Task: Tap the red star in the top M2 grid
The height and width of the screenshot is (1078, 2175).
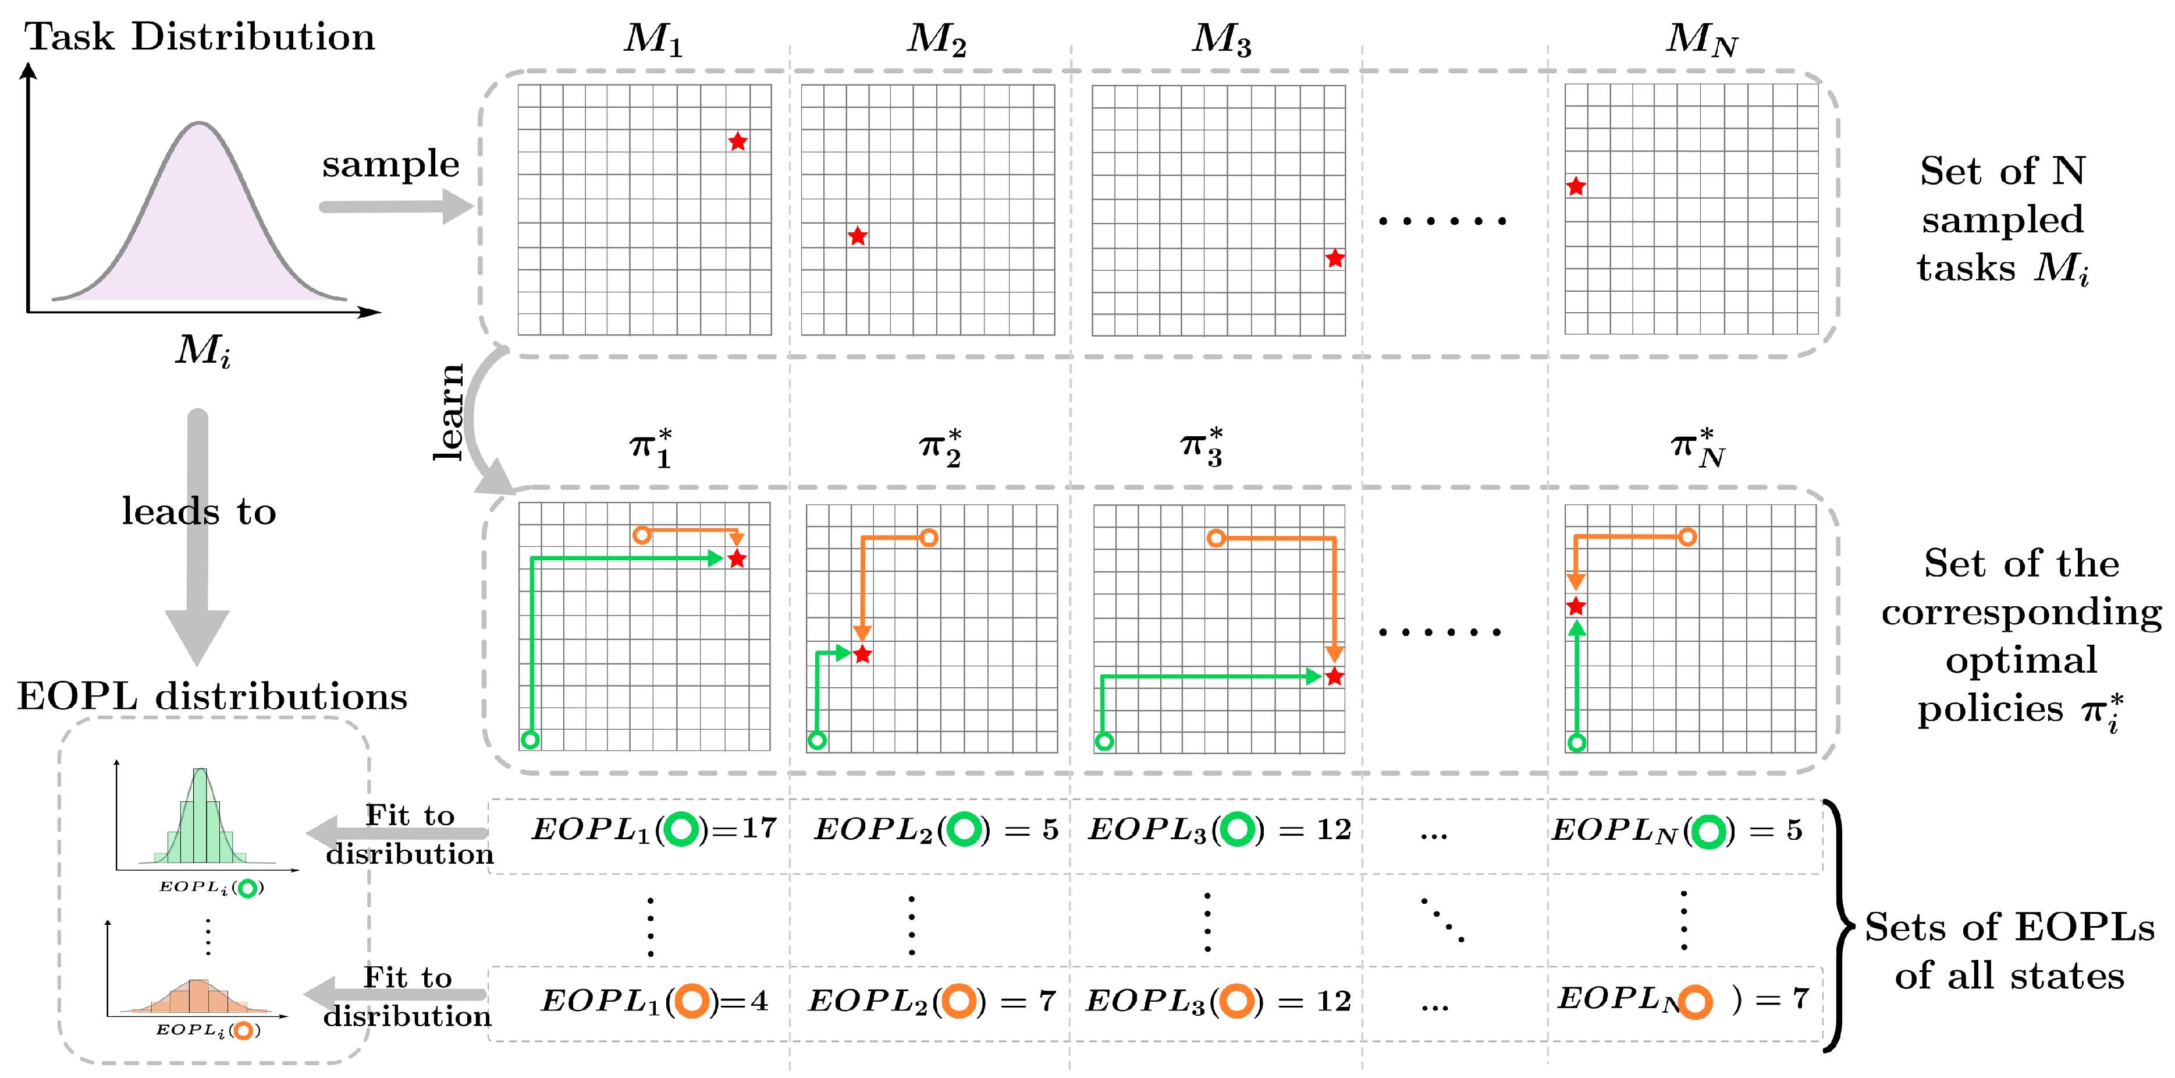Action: pyautogui.click(x=857, y=236)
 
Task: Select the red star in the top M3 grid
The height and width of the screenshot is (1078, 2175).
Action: pyautogui.click(x=1334, y=259)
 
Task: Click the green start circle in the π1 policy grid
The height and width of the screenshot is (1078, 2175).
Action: pyautogui.click(x=530, y=740)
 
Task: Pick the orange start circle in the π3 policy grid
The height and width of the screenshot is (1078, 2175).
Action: pyautogui.click(x=1216, y=538)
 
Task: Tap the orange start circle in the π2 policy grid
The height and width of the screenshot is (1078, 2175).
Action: pyautogui.click(x=929, y=538)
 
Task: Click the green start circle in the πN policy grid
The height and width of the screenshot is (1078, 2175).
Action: pyautogui.click(x=1576, y=743)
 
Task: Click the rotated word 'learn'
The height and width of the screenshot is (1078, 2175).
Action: pyautogui.click(x=449, y=412)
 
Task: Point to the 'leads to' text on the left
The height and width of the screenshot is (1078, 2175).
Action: pyautogui.click(x=198, y=512)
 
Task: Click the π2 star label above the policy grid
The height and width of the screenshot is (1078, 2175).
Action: pyautogui.click(x=940, y=447)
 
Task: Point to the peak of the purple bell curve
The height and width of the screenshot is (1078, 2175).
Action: pyautogui.click(x=199, y=124)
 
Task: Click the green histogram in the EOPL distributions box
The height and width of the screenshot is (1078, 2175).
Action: pyautogui.click(x=201, y=819)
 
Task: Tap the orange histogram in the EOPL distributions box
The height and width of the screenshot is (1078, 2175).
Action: pyautogui.click(x=198, y=997)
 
